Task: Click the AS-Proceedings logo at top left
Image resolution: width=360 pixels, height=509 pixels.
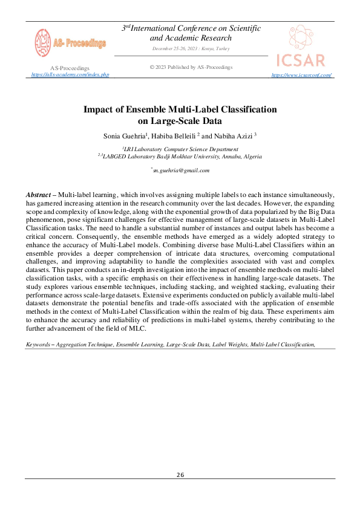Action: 70,43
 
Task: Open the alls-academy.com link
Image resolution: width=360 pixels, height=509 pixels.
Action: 70,74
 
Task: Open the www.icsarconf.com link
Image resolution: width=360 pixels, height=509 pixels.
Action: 302,75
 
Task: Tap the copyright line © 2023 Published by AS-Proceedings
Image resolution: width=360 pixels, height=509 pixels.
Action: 191,67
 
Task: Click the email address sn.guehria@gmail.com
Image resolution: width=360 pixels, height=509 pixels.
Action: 181,170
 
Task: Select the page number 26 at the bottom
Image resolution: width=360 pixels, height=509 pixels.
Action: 180,475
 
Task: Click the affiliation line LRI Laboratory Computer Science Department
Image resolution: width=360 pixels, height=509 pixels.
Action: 180,149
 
